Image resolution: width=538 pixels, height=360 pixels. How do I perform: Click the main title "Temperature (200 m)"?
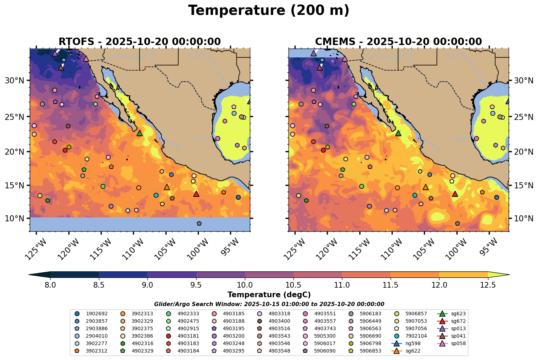click(269, 11)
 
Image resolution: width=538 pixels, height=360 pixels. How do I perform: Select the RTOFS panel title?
click(139, 41)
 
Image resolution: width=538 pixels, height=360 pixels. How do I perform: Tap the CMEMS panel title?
click(398, 41)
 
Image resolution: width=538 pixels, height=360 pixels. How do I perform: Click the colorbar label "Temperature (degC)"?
click(269, 295)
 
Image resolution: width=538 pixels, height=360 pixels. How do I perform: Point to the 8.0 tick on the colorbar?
click(50, 284)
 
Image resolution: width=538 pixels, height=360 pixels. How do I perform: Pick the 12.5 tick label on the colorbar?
click(488, 284)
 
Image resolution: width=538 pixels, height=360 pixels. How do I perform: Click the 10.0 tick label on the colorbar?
click(245, 284)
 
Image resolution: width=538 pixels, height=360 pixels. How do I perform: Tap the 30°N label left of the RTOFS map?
click(15, 81)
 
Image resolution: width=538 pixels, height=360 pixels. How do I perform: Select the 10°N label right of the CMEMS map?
click(523, 218)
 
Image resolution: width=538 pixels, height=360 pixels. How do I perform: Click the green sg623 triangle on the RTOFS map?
click(140, 133)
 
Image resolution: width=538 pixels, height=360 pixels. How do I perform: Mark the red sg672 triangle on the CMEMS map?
click(455, 194)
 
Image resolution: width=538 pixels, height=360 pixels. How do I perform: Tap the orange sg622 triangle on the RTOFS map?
click(167, 187)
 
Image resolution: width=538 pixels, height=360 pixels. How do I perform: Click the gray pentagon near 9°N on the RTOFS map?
click(199, 223)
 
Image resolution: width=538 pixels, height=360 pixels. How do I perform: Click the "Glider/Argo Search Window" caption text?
click(269, 304)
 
